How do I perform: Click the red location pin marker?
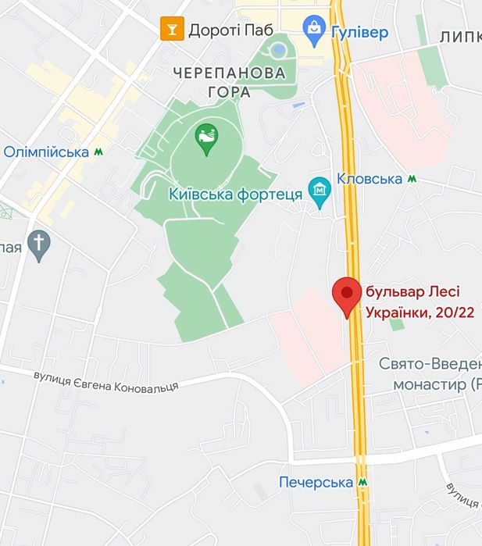(x=346, y=294)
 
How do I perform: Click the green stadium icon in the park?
(x=206, y=141)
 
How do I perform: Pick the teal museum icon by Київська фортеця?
(x=319, y=188)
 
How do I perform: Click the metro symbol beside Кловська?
(x=412, y=179)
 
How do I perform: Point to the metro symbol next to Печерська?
(x=362, y=482)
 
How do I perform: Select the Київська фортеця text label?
(x=235, y=194)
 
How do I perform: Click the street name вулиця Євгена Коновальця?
(x=105, y=382)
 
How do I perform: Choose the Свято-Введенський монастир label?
(x=430, y=373)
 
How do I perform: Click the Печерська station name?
(x=316, y=482)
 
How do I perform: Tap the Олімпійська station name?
(x=46, y=152)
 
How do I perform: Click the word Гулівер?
(x=359, y=31)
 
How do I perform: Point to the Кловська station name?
(x=370, y=179)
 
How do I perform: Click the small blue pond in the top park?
(x=278, y=51)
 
